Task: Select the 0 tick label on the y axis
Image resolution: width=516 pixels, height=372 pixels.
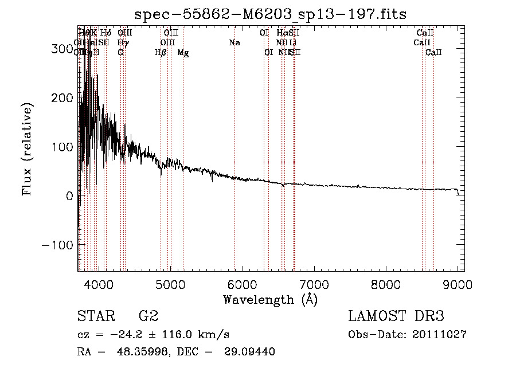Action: pyautogui.click(x=68, y=196)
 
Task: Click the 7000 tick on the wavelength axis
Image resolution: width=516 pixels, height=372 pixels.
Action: pyautogui.click(x=314, y=284)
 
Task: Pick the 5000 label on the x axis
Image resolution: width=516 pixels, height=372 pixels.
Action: pyautogui.click(x=170, y=284)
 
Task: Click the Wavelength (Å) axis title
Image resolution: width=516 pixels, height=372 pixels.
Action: pyautogui.click(x=270, y=299)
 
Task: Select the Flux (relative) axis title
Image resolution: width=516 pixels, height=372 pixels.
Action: pyautogui.click(x=28, y=148)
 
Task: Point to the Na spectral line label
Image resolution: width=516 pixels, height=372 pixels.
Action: pyautogui.click(x=234, y=42)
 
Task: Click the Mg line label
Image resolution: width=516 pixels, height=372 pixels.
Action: pyautogui.click(x=183, y=53)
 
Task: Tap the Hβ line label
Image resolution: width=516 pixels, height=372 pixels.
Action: pyautogui.click(x=161, y=53)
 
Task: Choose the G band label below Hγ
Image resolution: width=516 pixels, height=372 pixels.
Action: pyautogui.click(x=120, y=53)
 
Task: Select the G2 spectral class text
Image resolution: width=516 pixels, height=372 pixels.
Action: pyautogui.click(x=148, y=316)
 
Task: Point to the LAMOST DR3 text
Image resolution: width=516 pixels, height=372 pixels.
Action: pyautogui.click(x=396, y=316)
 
